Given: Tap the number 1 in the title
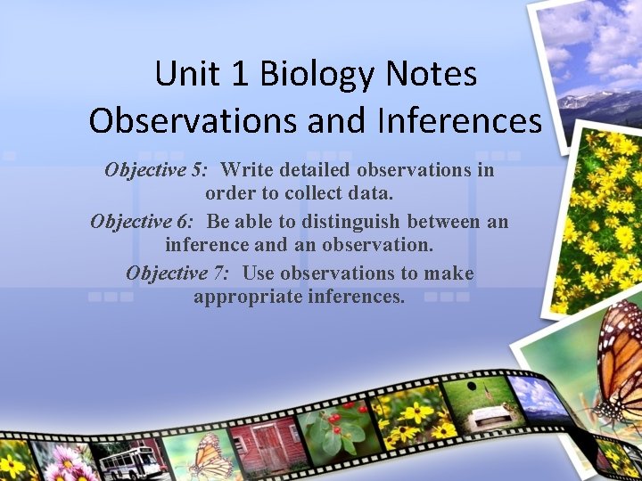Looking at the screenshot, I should pos(238,74).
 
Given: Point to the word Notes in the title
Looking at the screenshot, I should pos(434,74).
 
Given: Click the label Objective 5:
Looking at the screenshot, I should pos(156,169).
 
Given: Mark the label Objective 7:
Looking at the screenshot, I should pos(177,273).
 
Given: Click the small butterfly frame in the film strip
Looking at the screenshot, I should pos(209,453).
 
